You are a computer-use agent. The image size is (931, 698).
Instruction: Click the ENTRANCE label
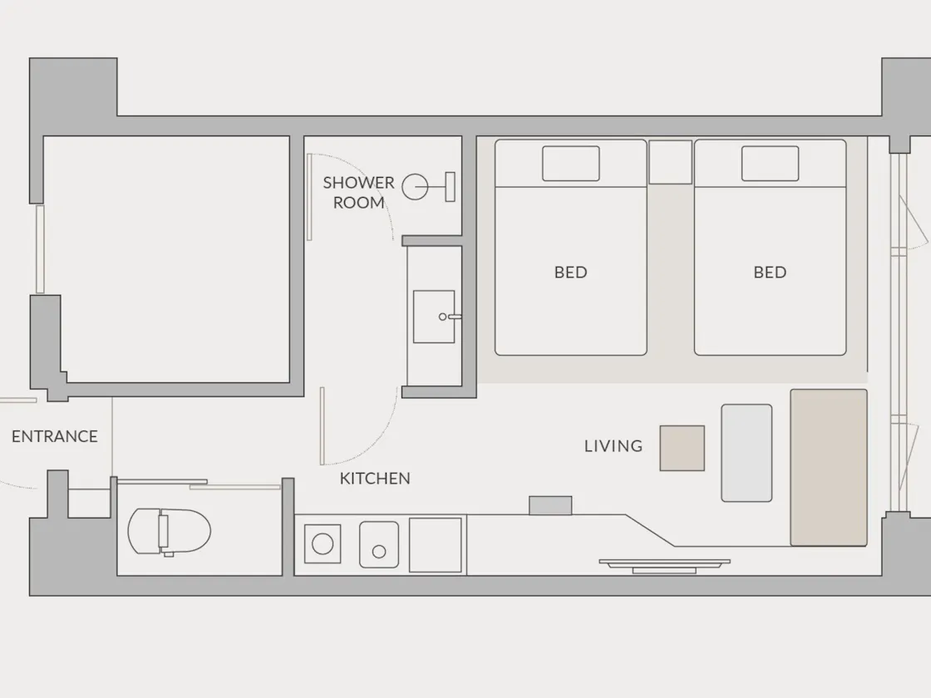coord(55,436)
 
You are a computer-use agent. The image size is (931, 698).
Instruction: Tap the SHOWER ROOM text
coord(358,192)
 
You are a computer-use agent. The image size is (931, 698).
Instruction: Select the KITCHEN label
coord(375,479)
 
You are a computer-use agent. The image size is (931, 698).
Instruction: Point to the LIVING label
coord(613,445)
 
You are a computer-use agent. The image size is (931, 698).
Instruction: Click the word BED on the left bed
coord(570,273)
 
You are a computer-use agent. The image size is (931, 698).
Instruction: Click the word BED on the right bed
coord(770,273)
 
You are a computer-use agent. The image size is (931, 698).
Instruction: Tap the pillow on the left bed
coord(570,163)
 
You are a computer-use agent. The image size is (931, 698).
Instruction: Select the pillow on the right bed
coord(770,163)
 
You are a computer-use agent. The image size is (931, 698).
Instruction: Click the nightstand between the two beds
coord(670,162)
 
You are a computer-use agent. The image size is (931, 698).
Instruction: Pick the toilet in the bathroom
coord(170,531)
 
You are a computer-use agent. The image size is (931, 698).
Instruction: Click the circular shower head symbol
coord(415,187)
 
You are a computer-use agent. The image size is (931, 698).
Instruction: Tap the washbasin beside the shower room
coord(434,317)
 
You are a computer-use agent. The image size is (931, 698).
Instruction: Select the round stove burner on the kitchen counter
coord(323,543)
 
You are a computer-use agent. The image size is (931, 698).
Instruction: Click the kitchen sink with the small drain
coord(379,545)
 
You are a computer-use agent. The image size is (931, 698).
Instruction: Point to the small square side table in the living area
coord(682,448)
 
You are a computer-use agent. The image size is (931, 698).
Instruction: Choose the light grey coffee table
coord(746,453)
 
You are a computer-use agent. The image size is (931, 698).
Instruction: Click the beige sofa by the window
coord(828,468)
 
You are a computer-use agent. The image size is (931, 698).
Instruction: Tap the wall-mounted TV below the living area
coord(664,565)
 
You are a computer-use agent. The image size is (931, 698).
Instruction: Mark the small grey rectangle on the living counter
coord(550,506)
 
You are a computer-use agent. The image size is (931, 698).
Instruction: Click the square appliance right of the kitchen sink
coord(436,545)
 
